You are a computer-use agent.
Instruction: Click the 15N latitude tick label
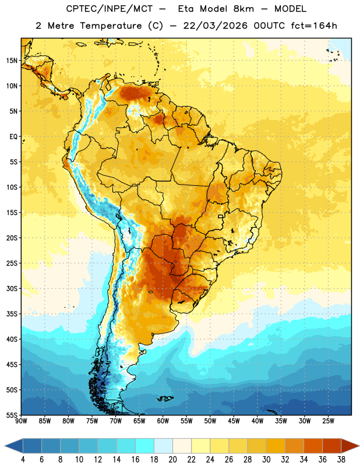tap(12, 61)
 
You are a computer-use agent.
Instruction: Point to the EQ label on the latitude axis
tap(13, 137)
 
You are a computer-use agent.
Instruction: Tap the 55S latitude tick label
tap(12, 415)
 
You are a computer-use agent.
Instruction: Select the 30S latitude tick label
tap(12, 288)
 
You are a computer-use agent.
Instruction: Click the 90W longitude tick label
tap(21, 421)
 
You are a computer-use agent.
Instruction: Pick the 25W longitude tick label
tap(328, 421)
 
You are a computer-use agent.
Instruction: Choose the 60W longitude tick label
tap(163, 421)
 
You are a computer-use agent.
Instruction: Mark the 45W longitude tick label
tap(234, 421)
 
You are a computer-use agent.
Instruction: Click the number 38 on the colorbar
tap(341, 460)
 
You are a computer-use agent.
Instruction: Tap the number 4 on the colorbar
tap(23, 460)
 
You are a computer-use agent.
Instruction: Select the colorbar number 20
tap(172, 460)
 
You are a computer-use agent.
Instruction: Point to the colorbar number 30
tap(266, 460)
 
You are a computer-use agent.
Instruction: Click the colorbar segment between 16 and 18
tap(145, 446)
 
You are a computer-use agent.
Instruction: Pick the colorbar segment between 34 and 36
tap(313, 446)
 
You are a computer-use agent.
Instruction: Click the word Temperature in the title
tap(111, 26)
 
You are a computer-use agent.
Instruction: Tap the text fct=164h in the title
tap(314, 26)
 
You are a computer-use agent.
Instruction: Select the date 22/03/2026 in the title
tap(215, 26)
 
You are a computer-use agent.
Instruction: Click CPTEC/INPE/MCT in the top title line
tap(109, 9)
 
